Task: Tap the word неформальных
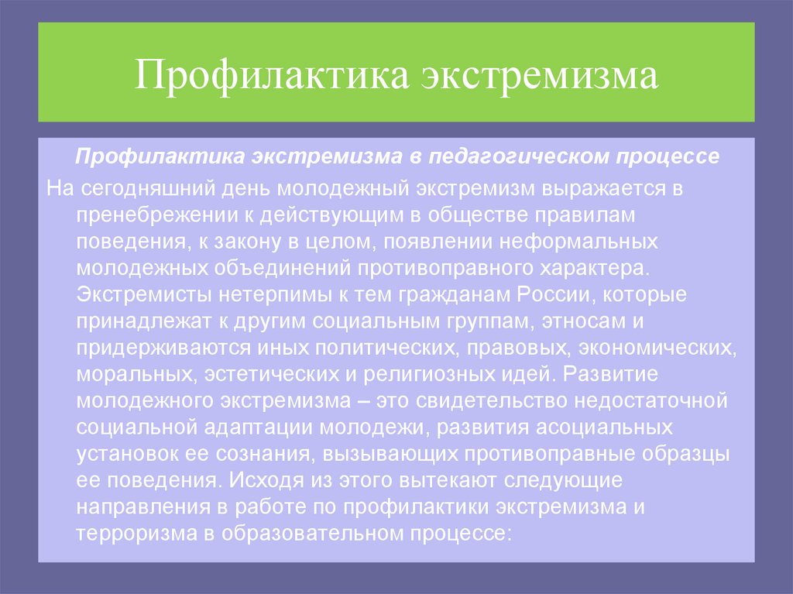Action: coord(581,242)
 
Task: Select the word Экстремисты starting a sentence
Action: coord(143,295)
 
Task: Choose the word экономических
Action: coord(660,348)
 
